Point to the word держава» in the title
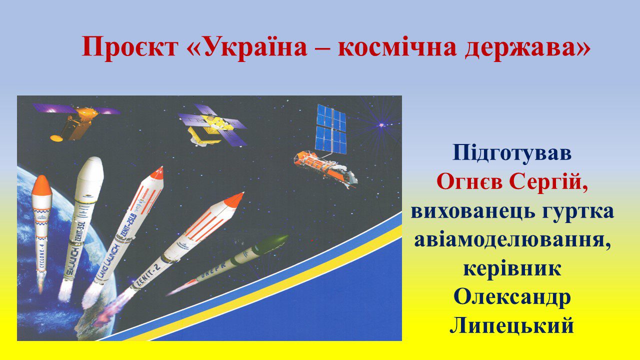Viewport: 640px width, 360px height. tap(527, 47)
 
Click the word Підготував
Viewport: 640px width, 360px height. tap(512, 153)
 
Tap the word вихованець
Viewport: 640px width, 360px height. tap(472, 212)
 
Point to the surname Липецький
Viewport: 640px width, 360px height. tap(511, 326)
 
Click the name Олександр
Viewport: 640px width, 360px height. tap(512, 297)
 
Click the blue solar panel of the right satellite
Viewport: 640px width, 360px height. tap(331, 128)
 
